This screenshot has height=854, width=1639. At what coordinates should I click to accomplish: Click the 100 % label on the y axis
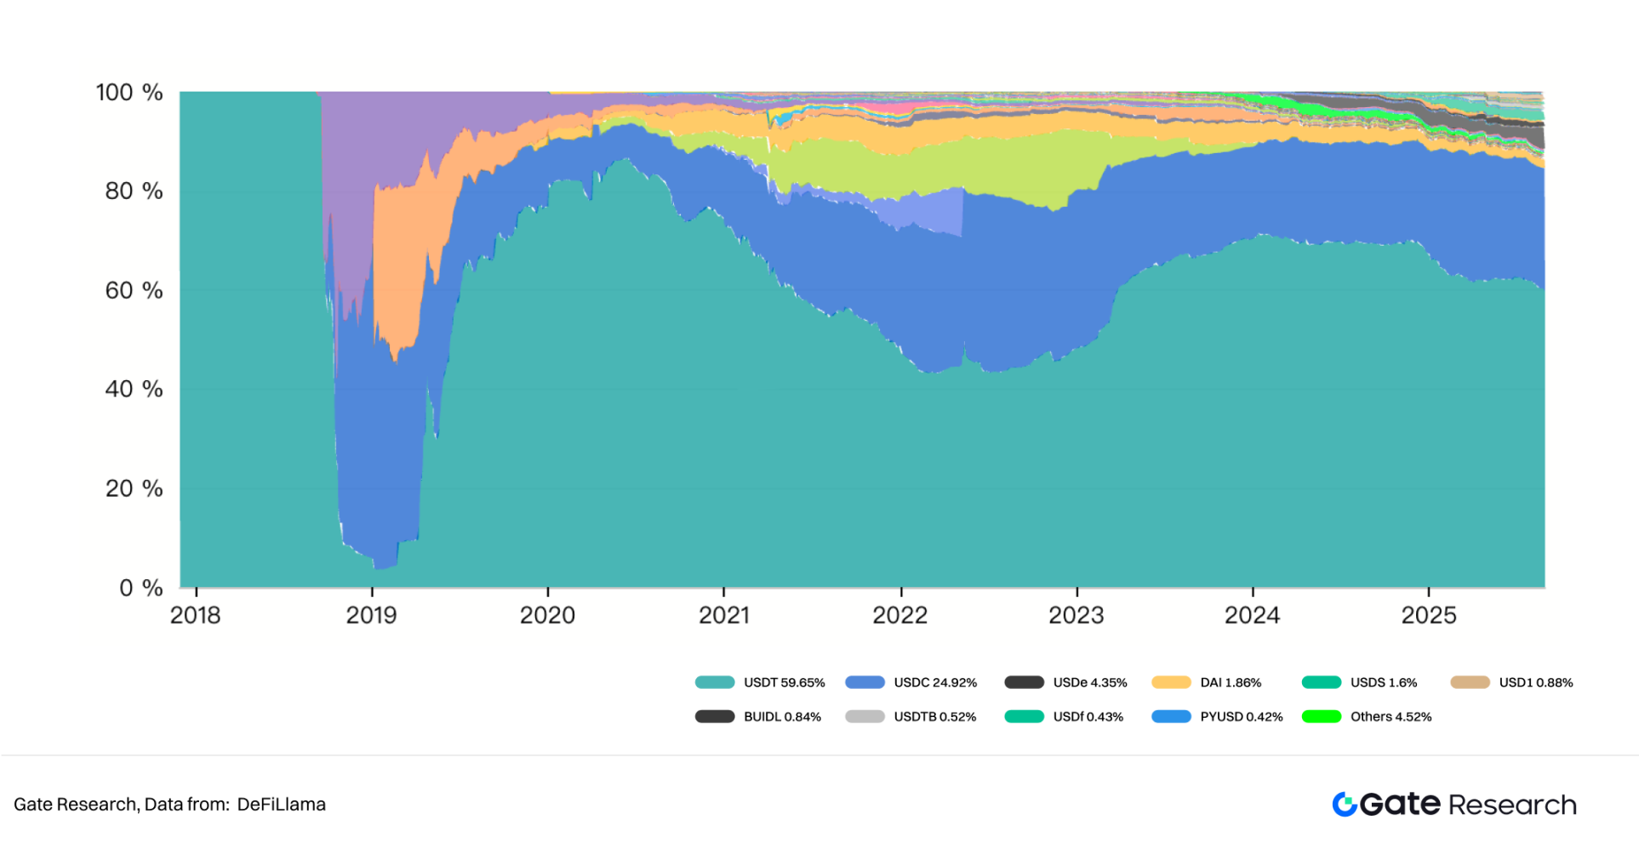pyautogui.click(x=128, y=92)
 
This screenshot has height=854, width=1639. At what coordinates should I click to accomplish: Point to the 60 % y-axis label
pyautogui.click(x=134, y=290)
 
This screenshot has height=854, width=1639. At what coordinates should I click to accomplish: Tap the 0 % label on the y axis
pyautogui.click(x=140, y=587)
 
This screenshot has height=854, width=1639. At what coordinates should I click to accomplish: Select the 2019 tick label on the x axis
pyautogui.click(x=371, y=615)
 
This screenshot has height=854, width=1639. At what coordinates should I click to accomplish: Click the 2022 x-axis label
pyautogui.click(x=899, y=615)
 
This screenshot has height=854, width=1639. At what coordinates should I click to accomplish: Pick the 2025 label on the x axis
pyautogui.click(x=1429, y=615)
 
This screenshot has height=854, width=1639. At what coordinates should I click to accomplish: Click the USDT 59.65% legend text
pyautogui.click(x=784, y=682)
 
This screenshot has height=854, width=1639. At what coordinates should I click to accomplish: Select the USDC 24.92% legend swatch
pyautogui.click(x=865, y=682)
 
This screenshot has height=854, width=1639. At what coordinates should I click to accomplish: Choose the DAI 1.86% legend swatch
pyautogui.click(x=1171, y=682)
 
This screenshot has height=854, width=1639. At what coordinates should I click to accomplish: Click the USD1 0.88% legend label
pyautogui.click(x=1535, y=682)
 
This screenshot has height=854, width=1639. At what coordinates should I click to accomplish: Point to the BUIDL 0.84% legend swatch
pyautogui.click(x=715, y=716)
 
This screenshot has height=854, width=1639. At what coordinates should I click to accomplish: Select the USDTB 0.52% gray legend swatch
pyautogui.click(x=865, y=716)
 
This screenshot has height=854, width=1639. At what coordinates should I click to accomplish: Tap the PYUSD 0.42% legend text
pyautogui.click(x=1241, y=716)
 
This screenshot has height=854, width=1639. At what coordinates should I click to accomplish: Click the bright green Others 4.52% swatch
pyautogui.click(x=1322, y=716)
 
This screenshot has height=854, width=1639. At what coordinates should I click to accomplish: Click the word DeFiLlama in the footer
pyautogui.click(x=281, y=804)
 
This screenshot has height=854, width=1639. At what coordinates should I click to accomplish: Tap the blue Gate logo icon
pyautogui.click(x=1345, y=804)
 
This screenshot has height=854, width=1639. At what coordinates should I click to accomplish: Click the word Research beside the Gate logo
pyautogui.click(x=1512, y=805)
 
